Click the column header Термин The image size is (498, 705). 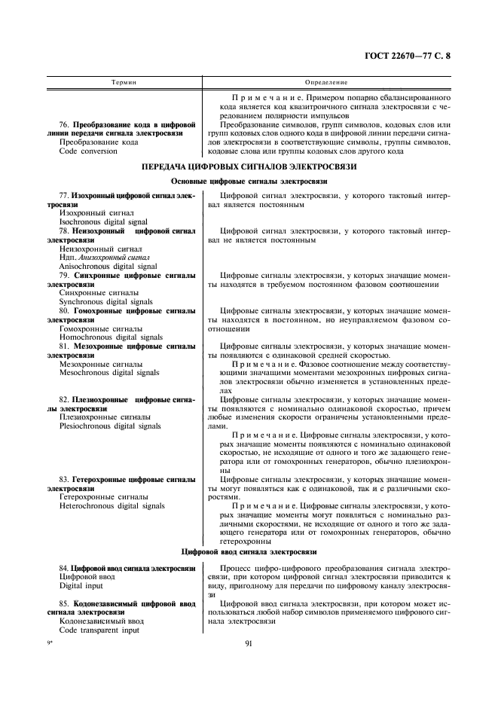point(124,81)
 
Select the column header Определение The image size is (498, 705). point(325,81)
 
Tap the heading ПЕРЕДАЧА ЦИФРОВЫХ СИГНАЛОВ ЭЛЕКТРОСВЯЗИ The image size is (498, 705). point(249,166)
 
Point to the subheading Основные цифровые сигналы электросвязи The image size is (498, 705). point(249,182)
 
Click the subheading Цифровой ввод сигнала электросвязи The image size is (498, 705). point(249,552)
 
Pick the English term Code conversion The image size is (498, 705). point(88,151)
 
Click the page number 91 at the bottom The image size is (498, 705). point(249,643)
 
